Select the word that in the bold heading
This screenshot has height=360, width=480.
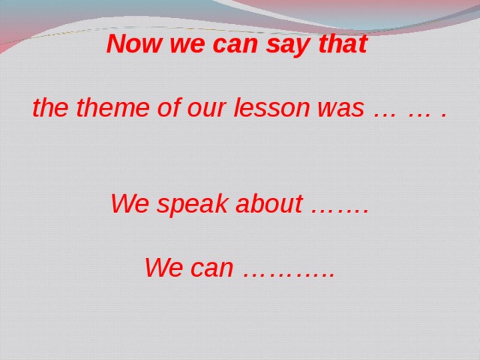point(343,45)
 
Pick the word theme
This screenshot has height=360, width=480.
point(102,109)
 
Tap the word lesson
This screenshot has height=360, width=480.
point(271,109)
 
